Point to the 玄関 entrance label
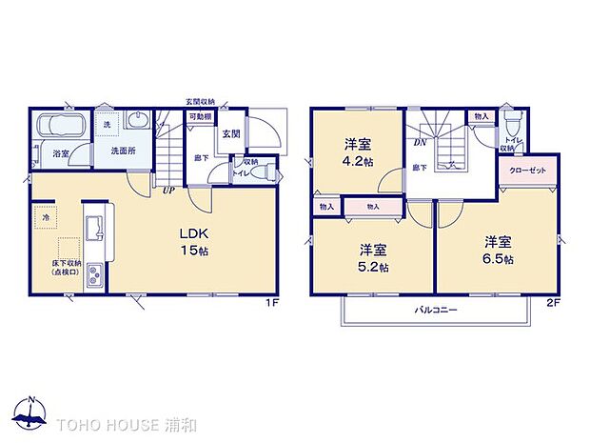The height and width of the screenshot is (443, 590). point(232,134)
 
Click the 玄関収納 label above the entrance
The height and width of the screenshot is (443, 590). point(201,101)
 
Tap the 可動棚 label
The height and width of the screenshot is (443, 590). point(199,116)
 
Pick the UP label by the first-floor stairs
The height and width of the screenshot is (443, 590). point(167,189)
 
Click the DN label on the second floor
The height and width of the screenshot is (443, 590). point(418,144)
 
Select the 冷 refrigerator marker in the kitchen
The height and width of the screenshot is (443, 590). point(46,218)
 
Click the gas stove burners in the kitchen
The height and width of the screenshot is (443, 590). point(96,276)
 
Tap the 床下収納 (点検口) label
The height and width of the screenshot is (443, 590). point(54,268)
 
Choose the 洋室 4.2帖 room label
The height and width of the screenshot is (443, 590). point(357,151)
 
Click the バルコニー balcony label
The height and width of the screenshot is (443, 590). point(436,311)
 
